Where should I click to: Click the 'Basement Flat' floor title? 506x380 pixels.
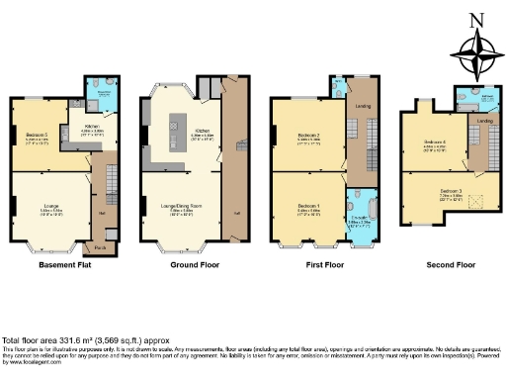point(64,265)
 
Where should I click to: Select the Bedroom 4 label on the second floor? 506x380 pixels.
point(435,143)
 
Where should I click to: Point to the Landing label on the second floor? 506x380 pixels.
point(484,122)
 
